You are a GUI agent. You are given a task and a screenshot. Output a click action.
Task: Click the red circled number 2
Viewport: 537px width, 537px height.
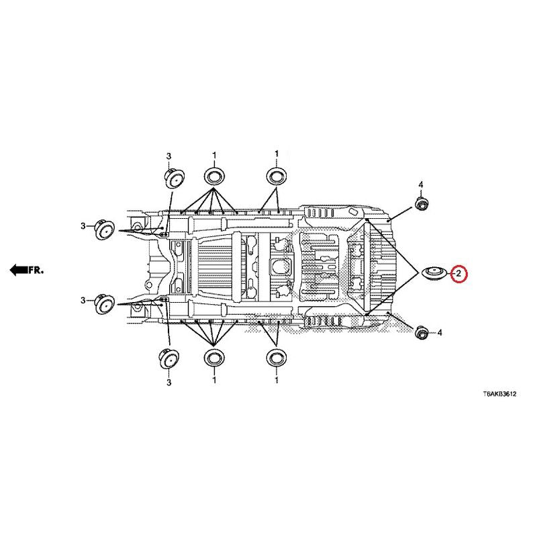[459, 273]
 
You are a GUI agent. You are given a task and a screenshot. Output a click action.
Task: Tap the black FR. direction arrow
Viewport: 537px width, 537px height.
[19, 270]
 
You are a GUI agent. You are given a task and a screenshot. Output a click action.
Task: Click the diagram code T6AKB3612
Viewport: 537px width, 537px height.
[499, 394]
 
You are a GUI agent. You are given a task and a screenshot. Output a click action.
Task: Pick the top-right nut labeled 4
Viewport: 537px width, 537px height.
[421, 203]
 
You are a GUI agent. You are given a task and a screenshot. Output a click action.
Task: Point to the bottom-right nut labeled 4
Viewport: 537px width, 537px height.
[421, 332]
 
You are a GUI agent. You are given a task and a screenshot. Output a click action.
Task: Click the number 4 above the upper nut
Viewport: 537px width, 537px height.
[421, 185]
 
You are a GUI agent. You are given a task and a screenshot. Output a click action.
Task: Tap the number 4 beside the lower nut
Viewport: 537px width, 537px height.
[440, 332]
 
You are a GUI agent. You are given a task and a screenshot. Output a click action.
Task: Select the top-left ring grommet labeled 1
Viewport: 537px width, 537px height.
[214, 177]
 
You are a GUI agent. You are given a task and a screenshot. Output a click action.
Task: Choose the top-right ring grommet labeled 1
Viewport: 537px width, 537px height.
[277, 177]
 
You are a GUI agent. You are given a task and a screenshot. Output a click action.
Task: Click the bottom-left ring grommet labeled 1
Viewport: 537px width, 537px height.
[214, 358]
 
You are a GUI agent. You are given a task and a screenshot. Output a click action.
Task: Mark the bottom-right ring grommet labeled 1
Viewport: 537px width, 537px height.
[277, 358]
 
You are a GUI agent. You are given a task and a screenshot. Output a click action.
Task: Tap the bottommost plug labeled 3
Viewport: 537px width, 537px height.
[169, 358]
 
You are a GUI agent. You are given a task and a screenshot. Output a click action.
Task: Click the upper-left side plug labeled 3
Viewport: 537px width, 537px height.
[104, 230]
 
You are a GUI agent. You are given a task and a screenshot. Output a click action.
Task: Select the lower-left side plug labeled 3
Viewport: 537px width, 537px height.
[104, 304]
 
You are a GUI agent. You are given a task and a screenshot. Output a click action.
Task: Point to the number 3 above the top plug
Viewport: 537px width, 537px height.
[168, 156]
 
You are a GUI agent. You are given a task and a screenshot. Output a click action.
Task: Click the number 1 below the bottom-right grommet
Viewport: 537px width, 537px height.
[277, 380]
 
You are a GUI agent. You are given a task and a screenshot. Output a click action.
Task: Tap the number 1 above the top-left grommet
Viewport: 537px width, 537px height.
[214, 156]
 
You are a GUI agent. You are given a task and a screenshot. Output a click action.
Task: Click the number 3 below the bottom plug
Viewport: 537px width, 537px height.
[169, 382]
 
